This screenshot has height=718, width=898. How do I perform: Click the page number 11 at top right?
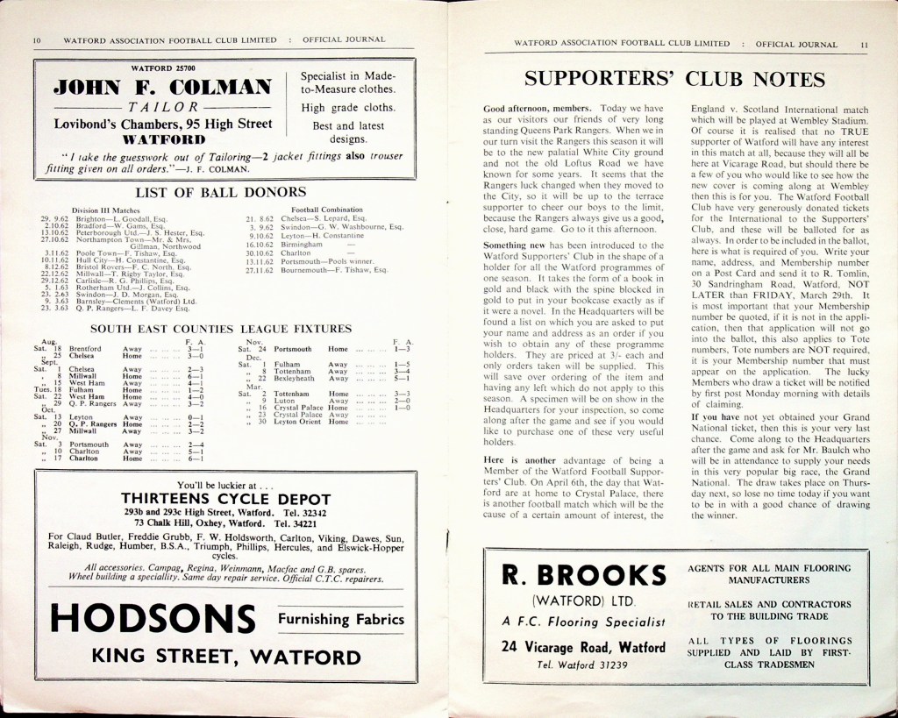point(864,44)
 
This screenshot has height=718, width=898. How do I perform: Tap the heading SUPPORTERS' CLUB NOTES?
point(674,80)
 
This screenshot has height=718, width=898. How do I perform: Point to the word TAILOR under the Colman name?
point(160,107)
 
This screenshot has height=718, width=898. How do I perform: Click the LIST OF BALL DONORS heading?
point(220,191)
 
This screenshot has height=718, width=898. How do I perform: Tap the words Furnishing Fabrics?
point(341,619)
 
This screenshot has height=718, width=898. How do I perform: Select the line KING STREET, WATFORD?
point(226,657)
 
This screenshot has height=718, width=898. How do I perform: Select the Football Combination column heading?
point(327,210)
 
